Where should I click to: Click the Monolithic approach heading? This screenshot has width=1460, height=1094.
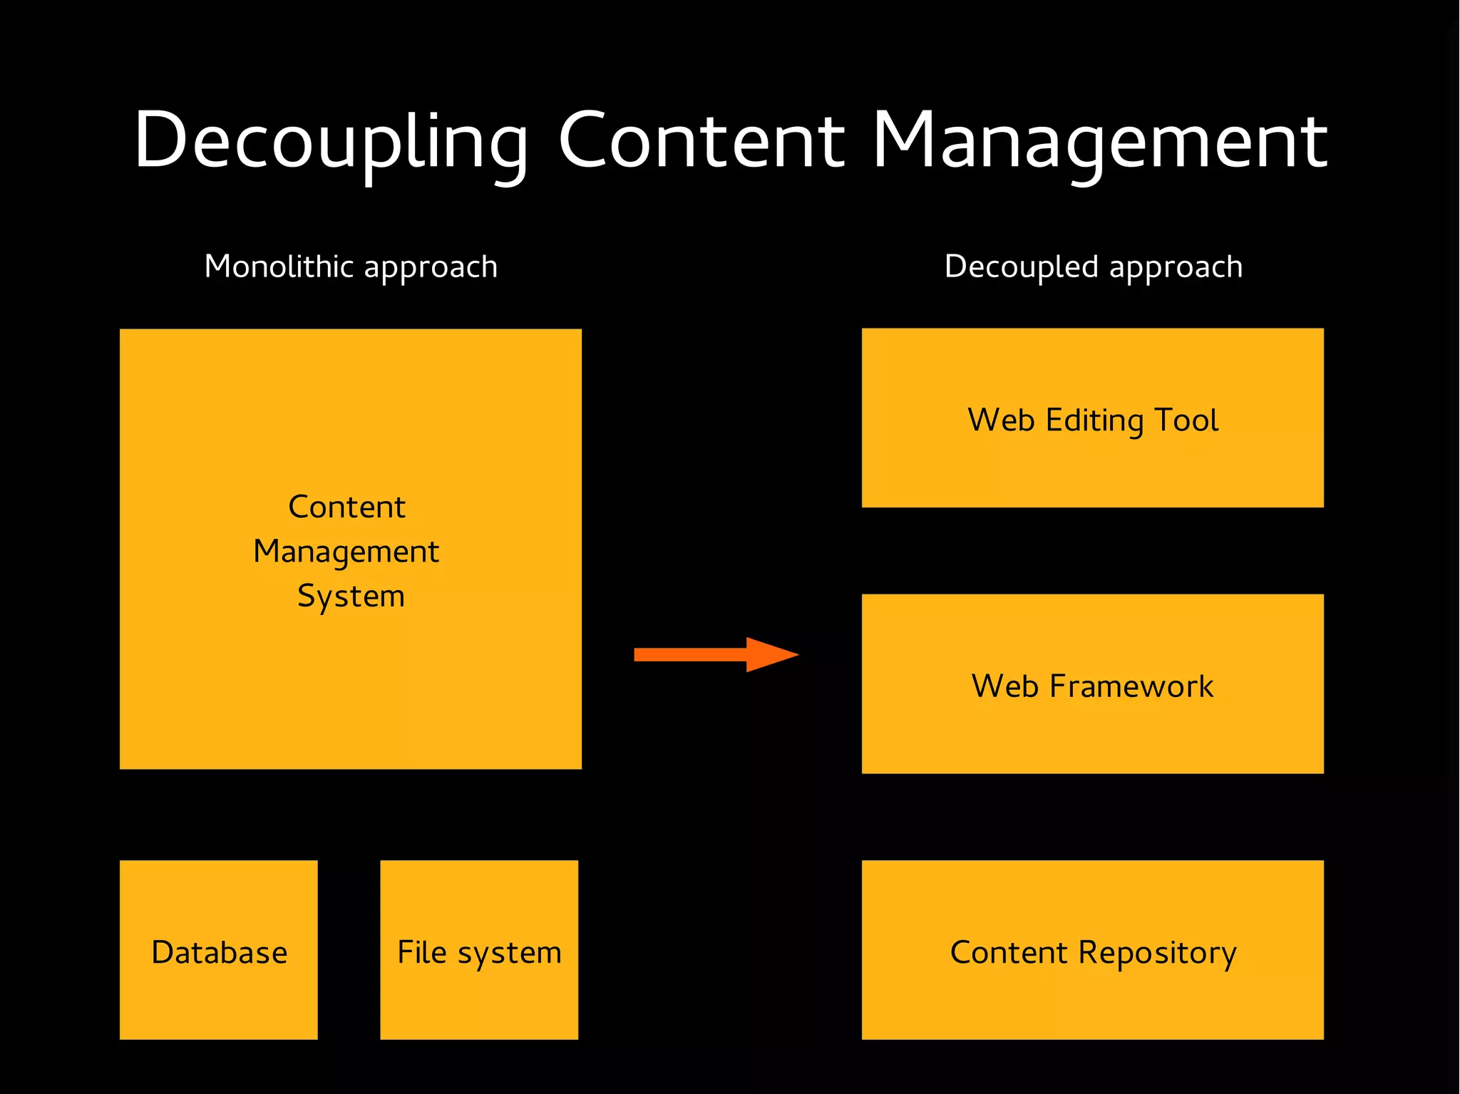[351, 267]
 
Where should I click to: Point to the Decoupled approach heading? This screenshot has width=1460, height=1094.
[1093, 267]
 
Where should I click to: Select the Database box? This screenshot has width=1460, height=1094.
[218, 949]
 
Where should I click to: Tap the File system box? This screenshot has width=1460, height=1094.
[479, 949]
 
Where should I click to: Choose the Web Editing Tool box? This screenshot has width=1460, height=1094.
[1092, 418]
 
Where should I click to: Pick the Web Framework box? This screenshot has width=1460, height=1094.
[1092, 683]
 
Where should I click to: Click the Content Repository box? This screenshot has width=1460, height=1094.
[1092, 949]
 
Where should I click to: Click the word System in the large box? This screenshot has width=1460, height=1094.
[351, 596]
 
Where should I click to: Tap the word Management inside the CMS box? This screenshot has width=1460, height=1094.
[346, 552]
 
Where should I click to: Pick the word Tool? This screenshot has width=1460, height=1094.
[1186, 420]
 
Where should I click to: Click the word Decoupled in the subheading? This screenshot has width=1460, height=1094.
[1021, 267]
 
